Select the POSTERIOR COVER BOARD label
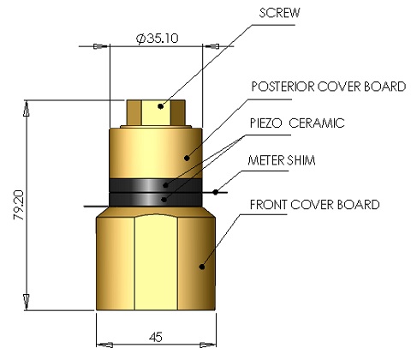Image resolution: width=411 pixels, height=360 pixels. (313, 87)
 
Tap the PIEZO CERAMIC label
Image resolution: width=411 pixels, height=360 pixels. (297, 123)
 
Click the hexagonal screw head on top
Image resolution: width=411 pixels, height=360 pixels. (158, 111)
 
